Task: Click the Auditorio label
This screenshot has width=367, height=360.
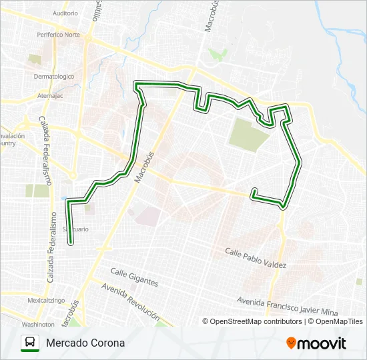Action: click(65, 13)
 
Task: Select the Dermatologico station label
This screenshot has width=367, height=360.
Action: click(54, 76)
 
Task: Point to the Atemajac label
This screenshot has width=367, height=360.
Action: click(50, 95)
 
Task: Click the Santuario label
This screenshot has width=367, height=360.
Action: click(75, 229)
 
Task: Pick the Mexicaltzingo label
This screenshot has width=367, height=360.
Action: click(46, 301)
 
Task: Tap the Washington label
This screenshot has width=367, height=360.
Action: click(38, 324)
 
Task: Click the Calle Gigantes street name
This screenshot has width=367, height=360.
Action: click(134, 277)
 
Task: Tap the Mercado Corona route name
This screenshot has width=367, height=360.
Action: click(85, 343)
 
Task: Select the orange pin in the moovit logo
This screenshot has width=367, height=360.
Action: click(292, 343)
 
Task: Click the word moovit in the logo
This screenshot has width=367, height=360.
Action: click(322, 343)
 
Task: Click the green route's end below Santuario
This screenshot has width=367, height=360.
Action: click(71, 243)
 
